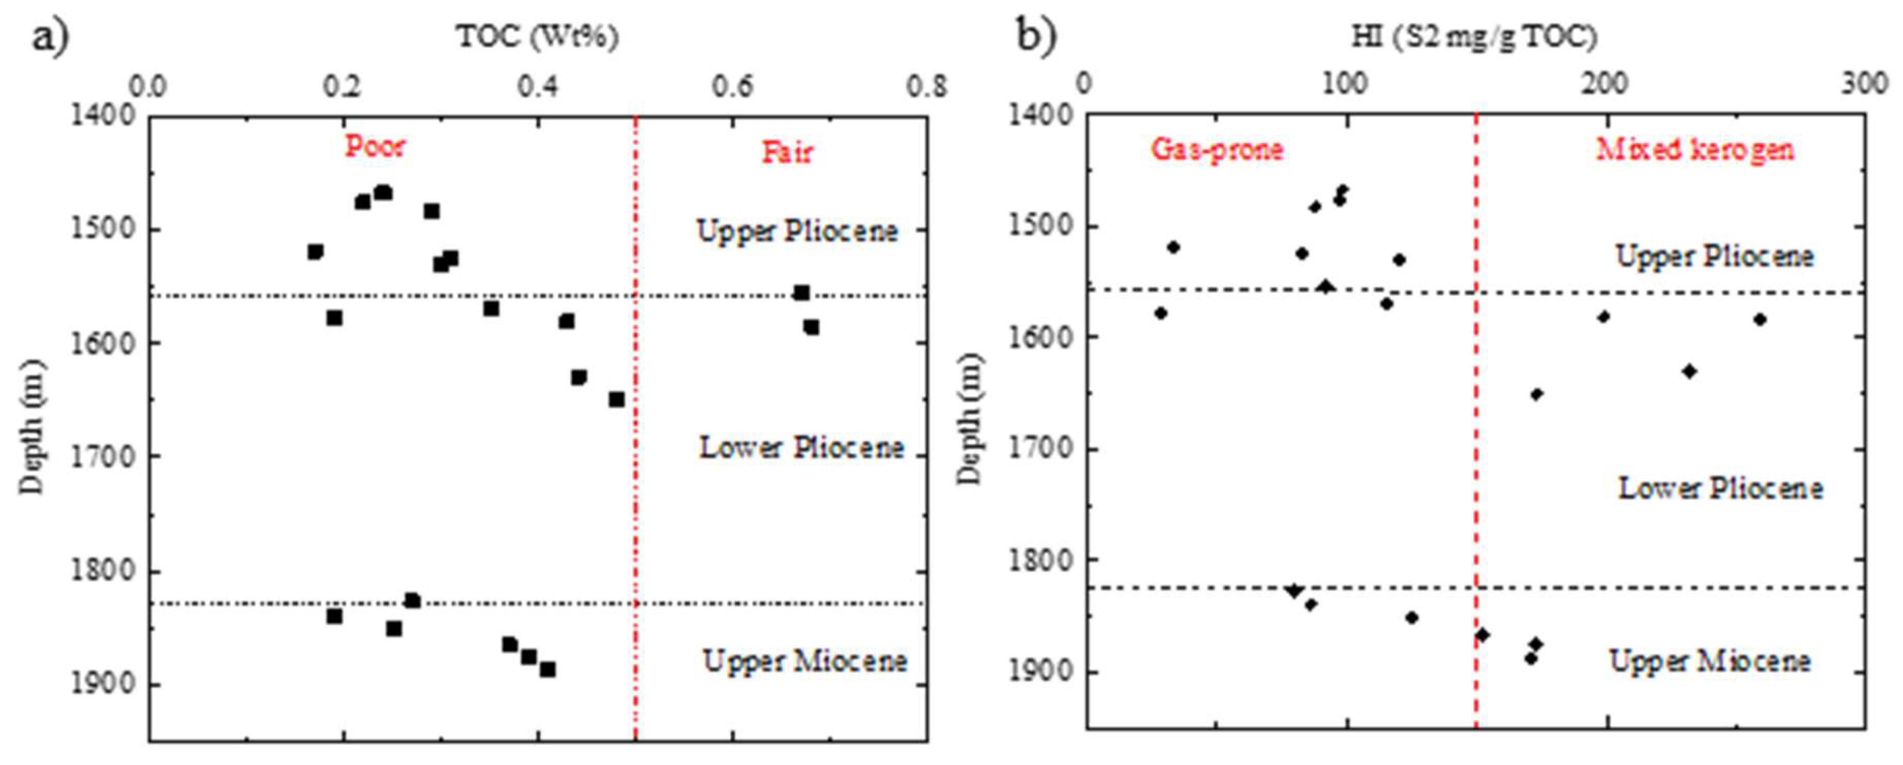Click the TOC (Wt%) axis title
537,36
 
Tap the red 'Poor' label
375,146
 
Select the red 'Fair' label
787,153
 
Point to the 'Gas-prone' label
1217,150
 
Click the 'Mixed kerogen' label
1695,150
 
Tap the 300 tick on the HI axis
1864,84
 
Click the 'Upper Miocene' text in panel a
804,661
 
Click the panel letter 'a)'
50,36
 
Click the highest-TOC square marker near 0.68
811,327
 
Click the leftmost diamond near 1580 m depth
1161,313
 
